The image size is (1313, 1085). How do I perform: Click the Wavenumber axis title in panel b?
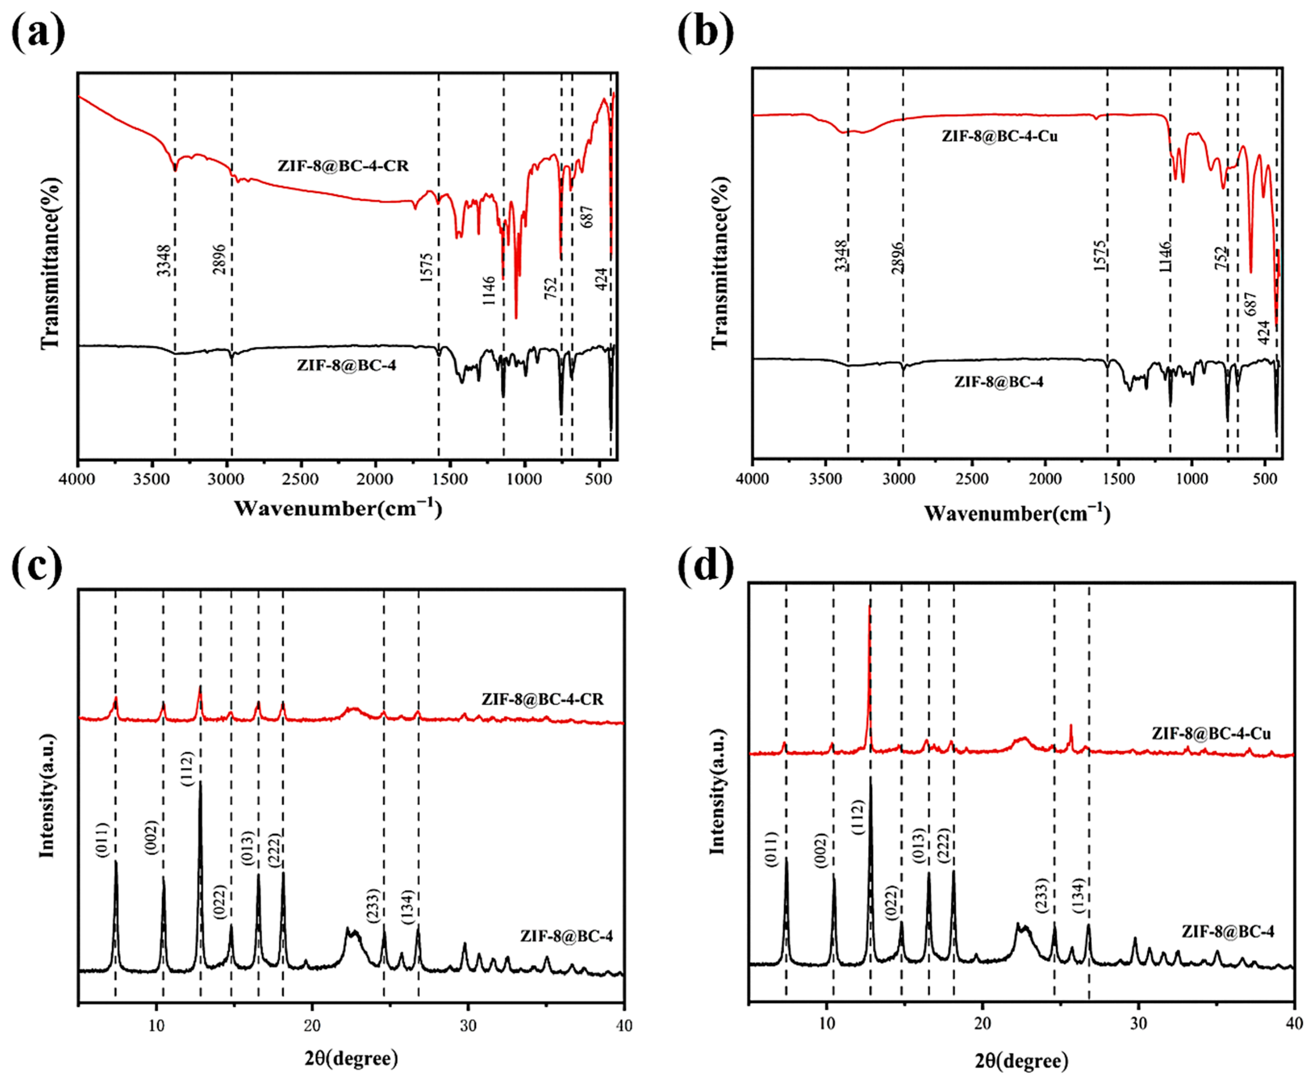tap(1017, 514)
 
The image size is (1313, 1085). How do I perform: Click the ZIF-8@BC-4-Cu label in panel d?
tap(1211, 733)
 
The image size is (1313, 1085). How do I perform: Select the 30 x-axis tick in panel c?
tap(468, 1026)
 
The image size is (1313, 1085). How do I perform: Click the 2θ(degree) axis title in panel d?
tap(1021, 1061)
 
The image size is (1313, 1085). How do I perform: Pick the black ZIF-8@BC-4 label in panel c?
tap(566, 936)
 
